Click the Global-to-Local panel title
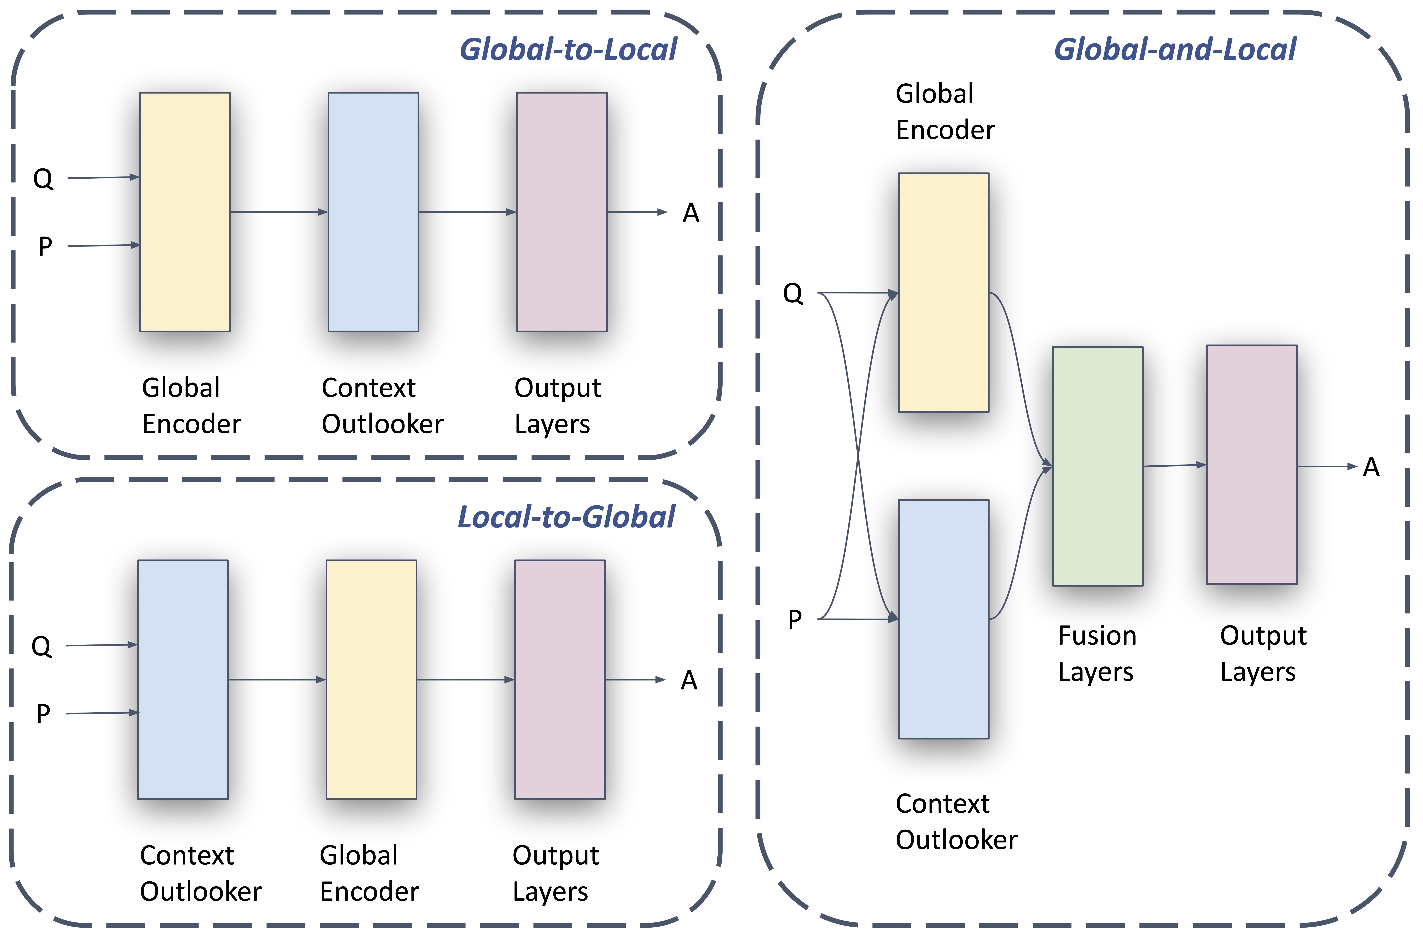point(568,50)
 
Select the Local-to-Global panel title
point(566,517)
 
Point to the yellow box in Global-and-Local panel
point(944,292)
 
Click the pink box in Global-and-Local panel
point(1251,464)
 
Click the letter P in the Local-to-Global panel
point(43,714)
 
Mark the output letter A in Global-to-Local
point(691,213)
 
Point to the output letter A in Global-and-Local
point(1371,467)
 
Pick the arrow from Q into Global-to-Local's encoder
point(103,178)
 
